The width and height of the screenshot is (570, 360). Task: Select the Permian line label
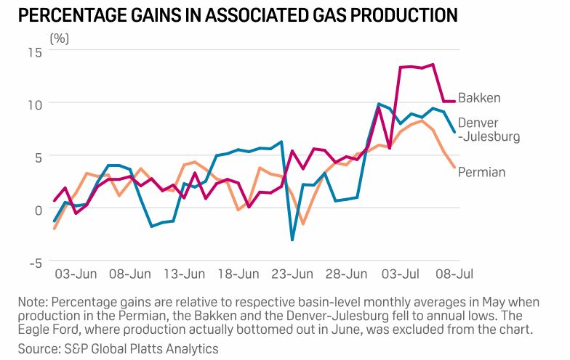[x=481, y=172]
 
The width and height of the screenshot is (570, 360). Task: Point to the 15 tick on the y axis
[x=34, y=52]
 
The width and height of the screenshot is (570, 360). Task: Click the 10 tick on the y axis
[x=34, y=105]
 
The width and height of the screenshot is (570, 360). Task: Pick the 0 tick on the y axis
[x=39, y=210]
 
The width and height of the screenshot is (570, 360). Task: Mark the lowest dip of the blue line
[x=292, y=240]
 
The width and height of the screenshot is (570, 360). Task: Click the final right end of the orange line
[x=455, y=167]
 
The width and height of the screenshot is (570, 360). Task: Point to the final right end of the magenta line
[x=455, y=101]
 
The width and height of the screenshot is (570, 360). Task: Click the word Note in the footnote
[x=33, y=303]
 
